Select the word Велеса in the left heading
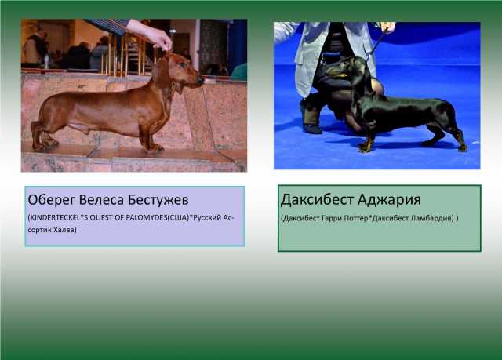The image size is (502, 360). click(102, 200)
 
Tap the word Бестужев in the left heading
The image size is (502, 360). click(158, 200)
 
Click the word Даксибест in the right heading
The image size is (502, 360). click(317, 199)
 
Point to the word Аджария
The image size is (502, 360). click(389, 200)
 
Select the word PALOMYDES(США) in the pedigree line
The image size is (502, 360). click(157, 217)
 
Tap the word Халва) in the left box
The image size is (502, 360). click(65, 230)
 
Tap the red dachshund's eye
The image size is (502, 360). click(184, 64)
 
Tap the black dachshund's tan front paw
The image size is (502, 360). click(365, 147)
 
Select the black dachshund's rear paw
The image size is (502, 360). click(462, 147)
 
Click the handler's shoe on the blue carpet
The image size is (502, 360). click(312, 128)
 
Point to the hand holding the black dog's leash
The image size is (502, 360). click(388, 27)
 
